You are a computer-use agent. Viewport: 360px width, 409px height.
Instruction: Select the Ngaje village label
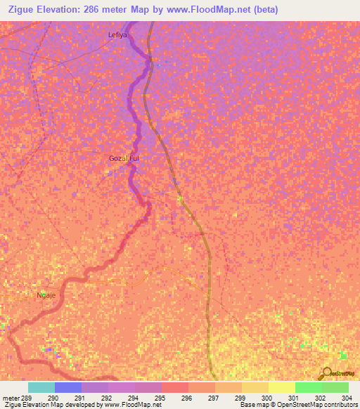pyautogui.click(x=46, y=296)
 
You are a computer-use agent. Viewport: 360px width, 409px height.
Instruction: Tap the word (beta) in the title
pyautogui.click(x=264, y=10)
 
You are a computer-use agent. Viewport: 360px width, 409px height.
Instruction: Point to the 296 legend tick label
pyautogui.click(x=186, y=398)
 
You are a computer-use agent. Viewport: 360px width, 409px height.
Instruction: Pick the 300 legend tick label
pyautogui.click(x=266, y=398)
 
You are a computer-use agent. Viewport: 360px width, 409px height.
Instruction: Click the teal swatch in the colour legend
pyautogui.click(x=41, y=387)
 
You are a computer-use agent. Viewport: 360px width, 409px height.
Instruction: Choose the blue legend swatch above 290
pyautogui.click(x=68, y=387)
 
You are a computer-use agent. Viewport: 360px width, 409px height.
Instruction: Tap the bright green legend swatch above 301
pyautogui.click(x=308, y=387)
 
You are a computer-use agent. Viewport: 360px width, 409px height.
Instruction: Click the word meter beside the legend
pyautogui.click(x=10, y=398)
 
